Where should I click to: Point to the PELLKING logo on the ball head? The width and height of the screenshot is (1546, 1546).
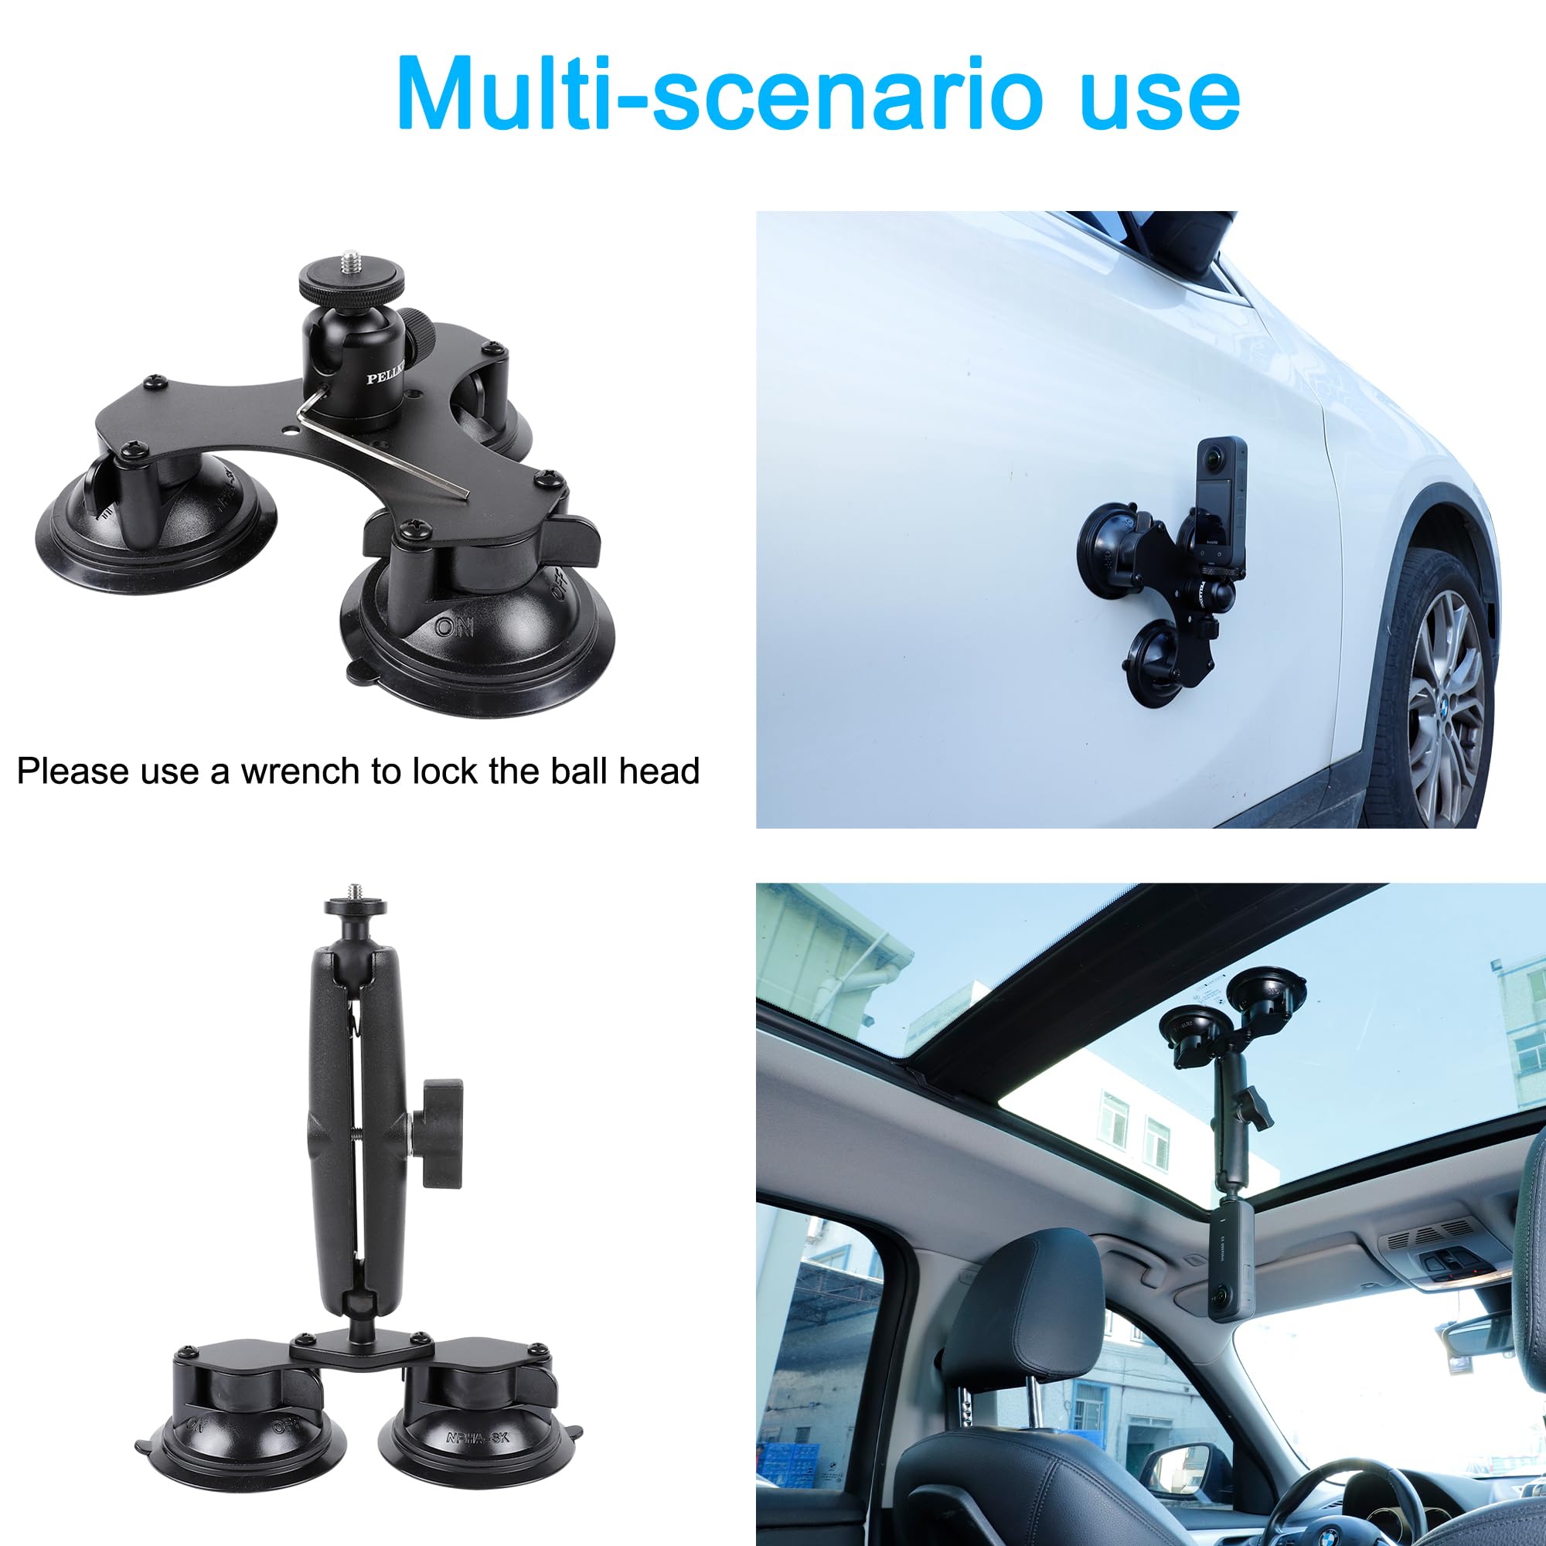[x=386, y=373]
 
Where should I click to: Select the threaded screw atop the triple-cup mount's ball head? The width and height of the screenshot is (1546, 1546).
[x=351, y=260]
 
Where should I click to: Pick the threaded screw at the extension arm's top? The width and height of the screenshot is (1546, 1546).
[x=355, y=890]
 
